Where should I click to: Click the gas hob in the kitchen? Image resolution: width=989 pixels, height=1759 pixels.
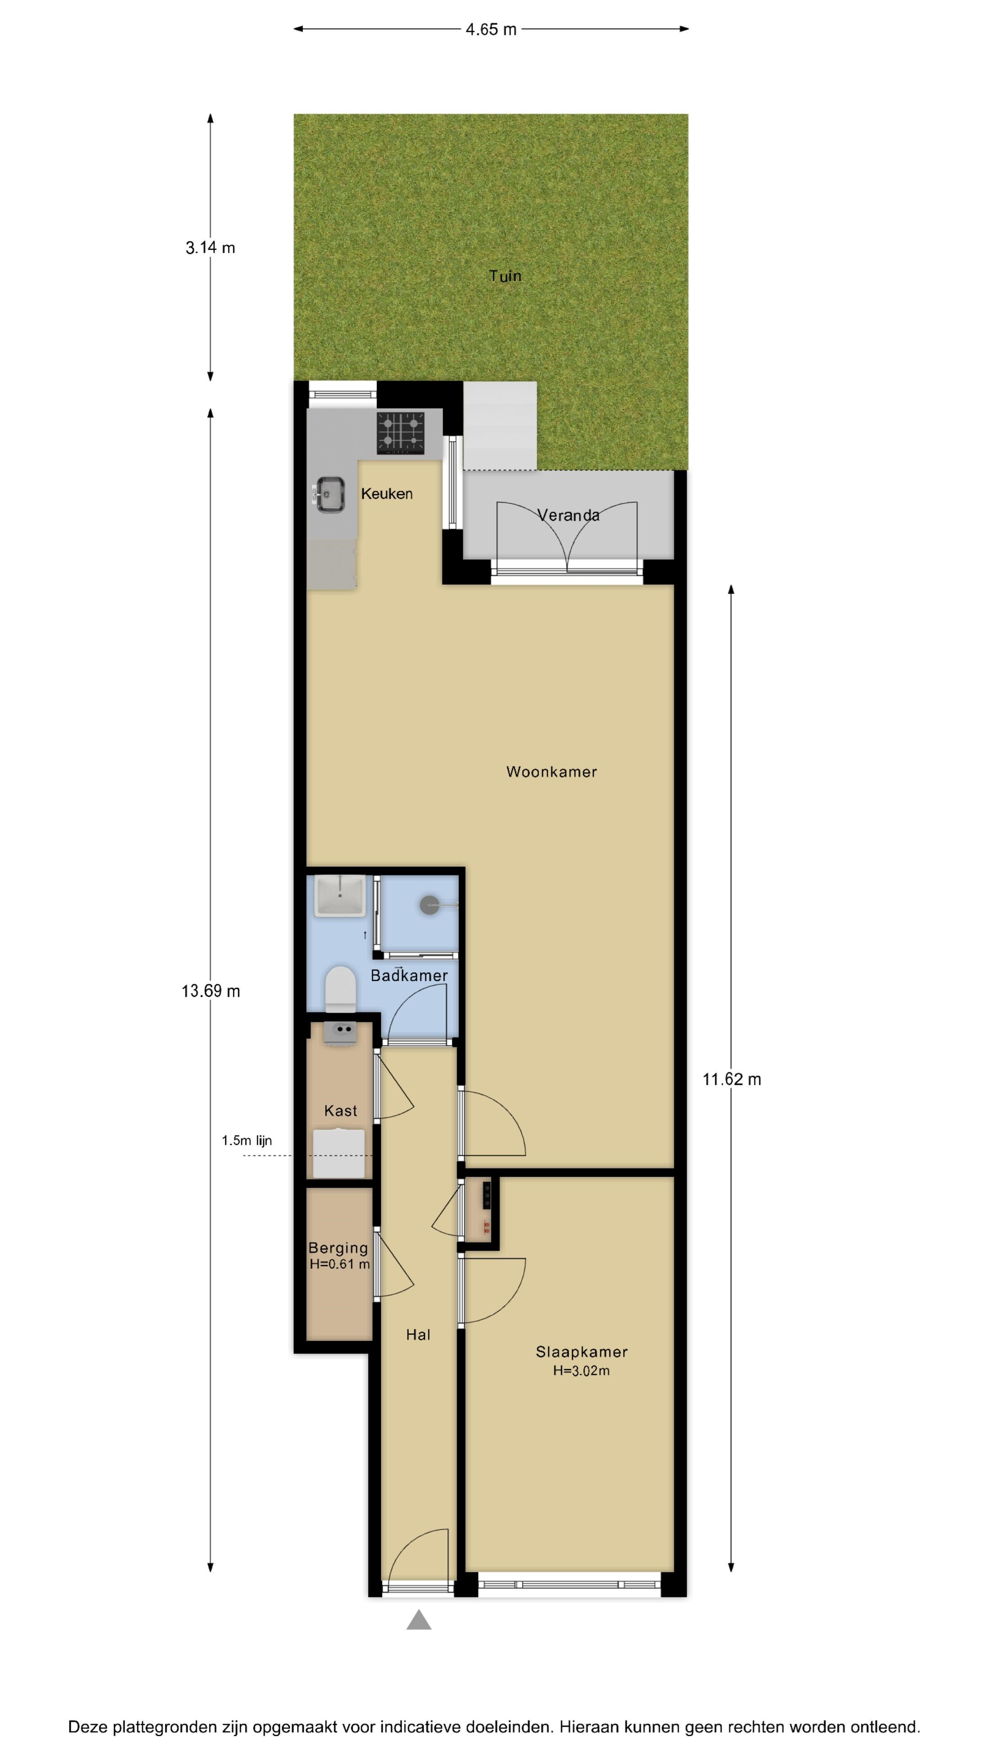[x=401, y=432]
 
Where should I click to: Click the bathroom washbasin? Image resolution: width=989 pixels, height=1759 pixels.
[x=339, y=895]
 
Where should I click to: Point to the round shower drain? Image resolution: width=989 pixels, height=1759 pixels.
[x=429, y=906]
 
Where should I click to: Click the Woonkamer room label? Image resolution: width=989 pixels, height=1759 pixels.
[x=551, y=771]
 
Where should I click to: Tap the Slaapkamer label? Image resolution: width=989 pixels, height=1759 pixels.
[x=581, y=1351]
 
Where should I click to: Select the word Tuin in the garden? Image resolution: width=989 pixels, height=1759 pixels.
[x=505, y=276]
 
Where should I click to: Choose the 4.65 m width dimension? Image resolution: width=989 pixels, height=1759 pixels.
[x=491, y=29]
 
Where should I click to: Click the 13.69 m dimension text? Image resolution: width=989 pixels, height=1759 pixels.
[x=211, y=991]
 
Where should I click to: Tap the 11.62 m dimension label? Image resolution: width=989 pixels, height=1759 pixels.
[x=732, y=1079]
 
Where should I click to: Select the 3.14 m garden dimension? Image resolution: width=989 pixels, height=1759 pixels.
[x=210, y=248]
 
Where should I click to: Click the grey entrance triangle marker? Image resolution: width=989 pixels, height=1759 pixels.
[x=419, y=1620]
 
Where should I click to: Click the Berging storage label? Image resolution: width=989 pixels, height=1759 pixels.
[x=338, y=1248]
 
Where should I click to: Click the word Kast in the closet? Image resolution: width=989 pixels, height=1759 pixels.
[x=341, y=1111]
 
